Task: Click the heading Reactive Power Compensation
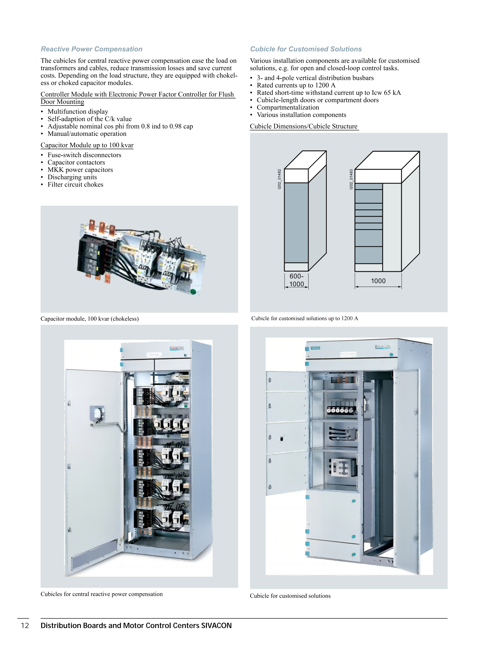92,49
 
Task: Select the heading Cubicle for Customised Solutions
306,49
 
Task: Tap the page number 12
25,625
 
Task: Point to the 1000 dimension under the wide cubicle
378,281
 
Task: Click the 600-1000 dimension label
296,280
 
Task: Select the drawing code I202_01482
279,179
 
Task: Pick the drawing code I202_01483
351,179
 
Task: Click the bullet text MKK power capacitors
80,170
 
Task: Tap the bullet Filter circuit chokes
75,185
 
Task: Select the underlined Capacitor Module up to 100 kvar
87,145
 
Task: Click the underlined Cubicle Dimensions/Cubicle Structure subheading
304,126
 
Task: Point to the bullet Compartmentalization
288,108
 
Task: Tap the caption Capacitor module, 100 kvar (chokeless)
90,319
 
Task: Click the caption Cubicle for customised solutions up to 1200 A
305,318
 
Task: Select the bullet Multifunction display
78,111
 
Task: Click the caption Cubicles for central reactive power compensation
102,594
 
